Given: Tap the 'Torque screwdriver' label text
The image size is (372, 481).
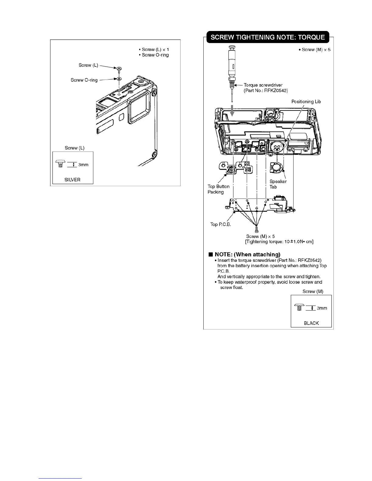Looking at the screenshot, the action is coord(263,85).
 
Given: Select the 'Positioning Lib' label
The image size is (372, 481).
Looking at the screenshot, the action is coord(306,101).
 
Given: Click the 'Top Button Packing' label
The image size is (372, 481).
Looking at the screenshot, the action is coord(218,189).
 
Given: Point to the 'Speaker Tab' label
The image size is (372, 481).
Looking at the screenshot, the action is coord(278,184).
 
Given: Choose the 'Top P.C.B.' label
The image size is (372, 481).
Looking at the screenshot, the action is coord(221,224).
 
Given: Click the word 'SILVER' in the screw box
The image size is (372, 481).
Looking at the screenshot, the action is coord(72,179).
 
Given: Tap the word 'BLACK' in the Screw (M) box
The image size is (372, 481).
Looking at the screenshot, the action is coord(311,323).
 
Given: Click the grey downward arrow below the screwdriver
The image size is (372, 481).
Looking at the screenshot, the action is coord(232,110).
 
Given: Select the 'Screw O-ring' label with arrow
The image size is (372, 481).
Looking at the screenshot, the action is coord(84,80).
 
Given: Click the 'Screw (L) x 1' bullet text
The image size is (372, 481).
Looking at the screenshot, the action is coord(155,49).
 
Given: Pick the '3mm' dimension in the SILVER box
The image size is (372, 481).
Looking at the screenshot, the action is coord(83,165).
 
